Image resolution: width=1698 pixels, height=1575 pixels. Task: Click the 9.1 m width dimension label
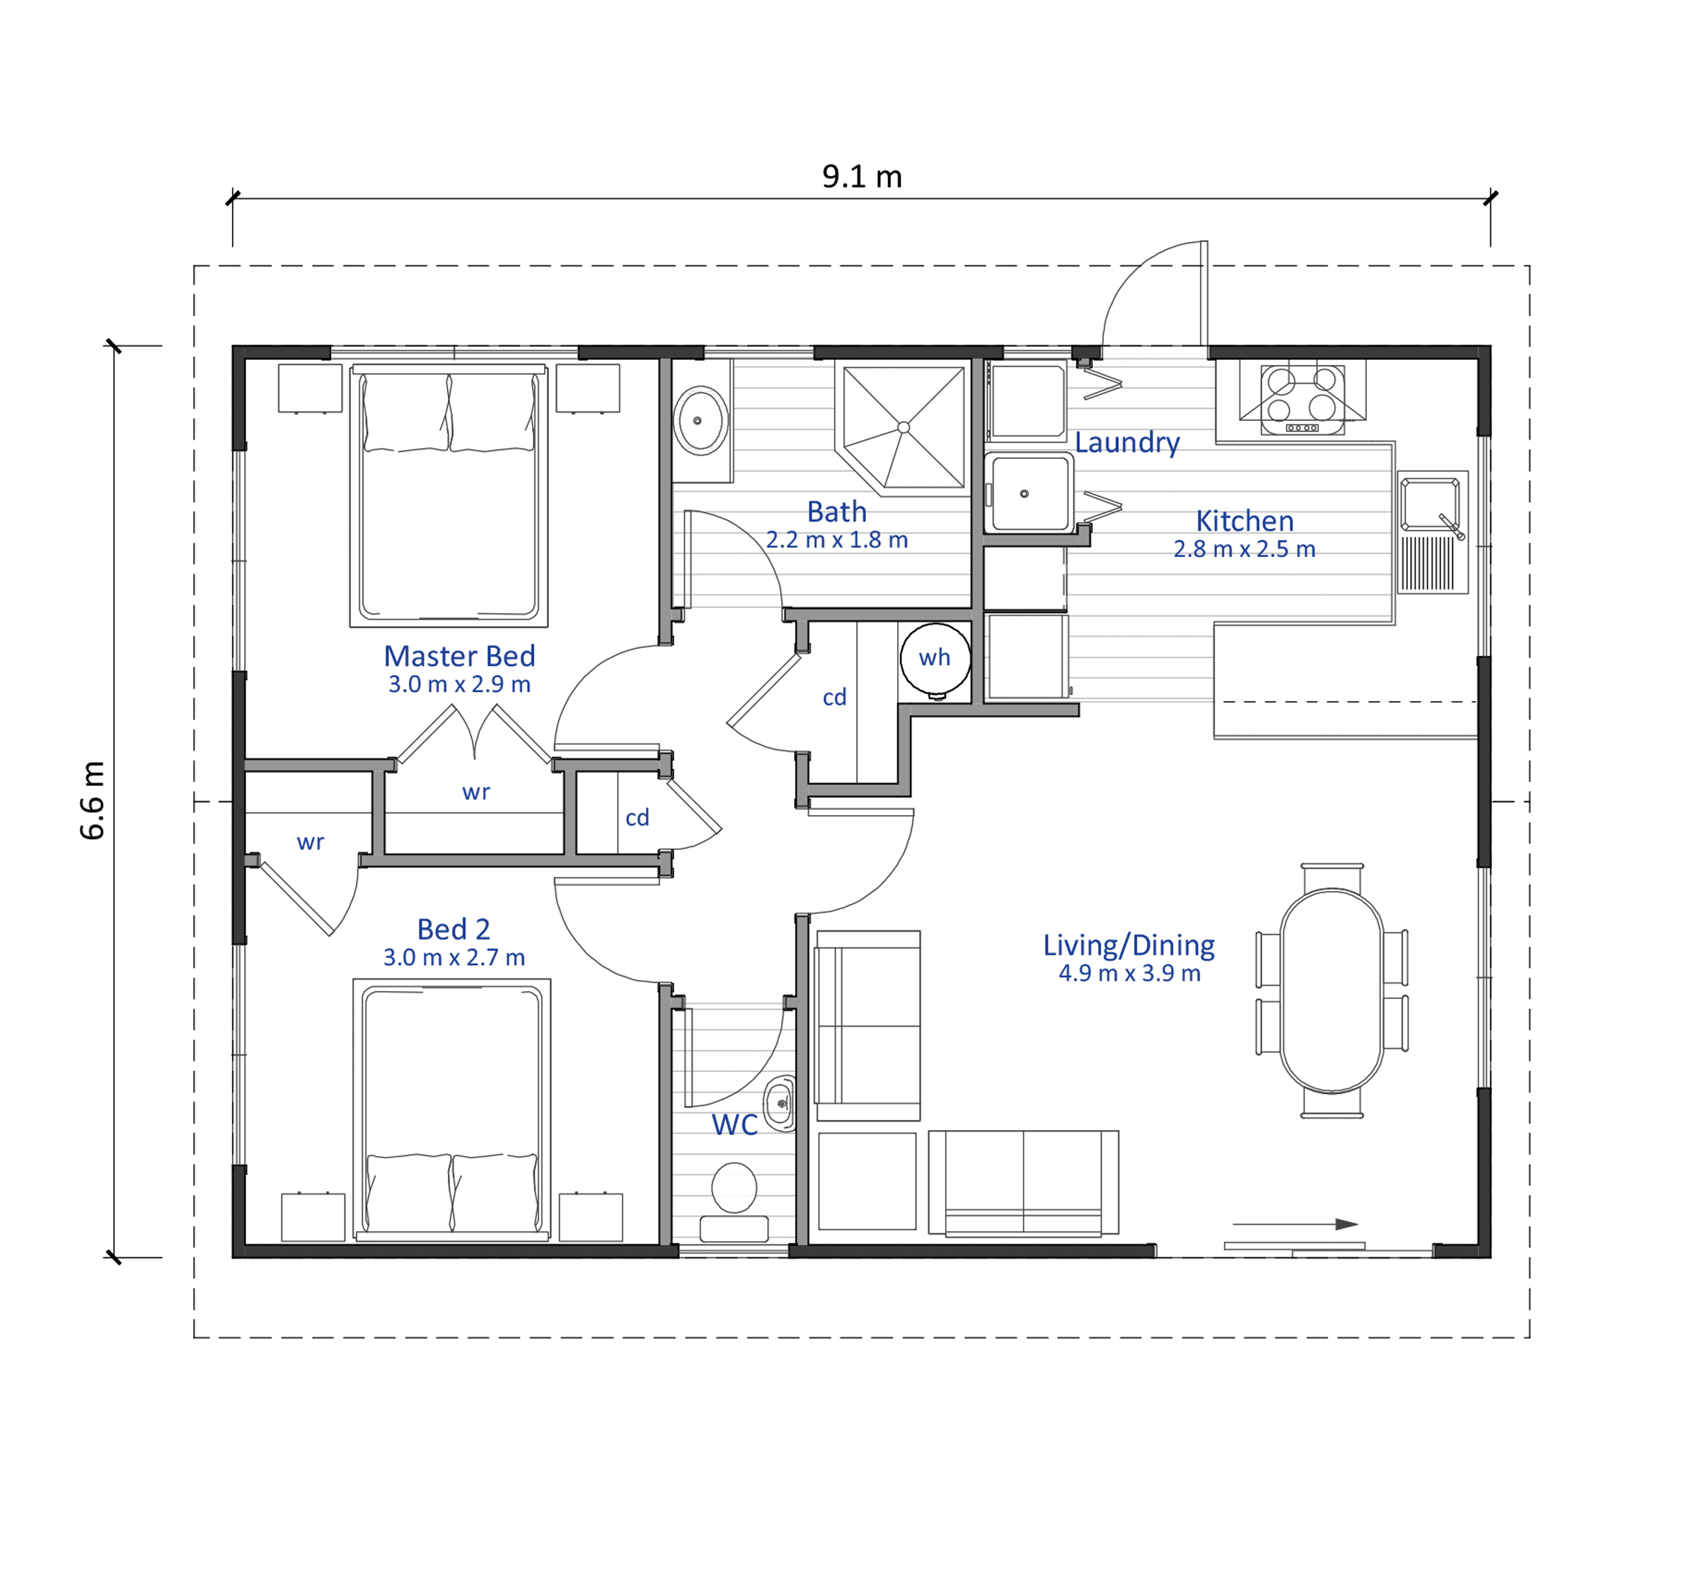(862, 176)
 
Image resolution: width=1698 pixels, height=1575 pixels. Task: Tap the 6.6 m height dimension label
(92, 800)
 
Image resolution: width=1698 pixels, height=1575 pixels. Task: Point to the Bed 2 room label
(454, 929)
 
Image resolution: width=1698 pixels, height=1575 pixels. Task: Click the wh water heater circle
(935, 658)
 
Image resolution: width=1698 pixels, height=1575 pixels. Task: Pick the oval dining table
(1332, 991)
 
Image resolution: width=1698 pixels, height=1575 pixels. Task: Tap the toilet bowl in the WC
(734, 1187)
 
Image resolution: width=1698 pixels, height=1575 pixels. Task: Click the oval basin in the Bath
(700, 421)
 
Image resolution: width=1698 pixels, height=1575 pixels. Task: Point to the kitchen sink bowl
(1431, 504)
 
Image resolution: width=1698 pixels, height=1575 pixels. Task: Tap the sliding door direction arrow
(1295, 1225)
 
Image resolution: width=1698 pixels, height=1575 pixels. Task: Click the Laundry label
(1127, 442)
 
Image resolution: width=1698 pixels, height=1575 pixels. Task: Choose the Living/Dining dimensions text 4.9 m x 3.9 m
(1129, 974)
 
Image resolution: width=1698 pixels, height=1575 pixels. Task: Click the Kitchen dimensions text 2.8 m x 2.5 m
(1244, 549)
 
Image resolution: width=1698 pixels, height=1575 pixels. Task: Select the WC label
(735, 1125)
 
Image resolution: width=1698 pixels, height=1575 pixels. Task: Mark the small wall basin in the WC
(779, 1104)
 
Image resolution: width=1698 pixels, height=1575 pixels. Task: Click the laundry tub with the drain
(1028, 493)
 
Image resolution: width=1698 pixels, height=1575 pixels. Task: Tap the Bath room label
(837, 512)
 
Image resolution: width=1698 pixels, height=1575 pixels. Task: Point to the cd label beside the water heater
(835, 697)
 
